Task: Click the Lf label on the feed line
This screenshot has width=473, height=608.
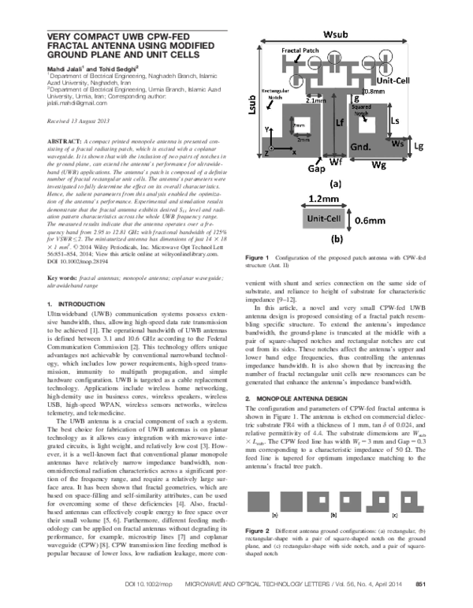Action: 338,123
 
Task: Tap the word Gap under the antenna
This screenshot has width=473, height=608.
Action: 316,169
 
